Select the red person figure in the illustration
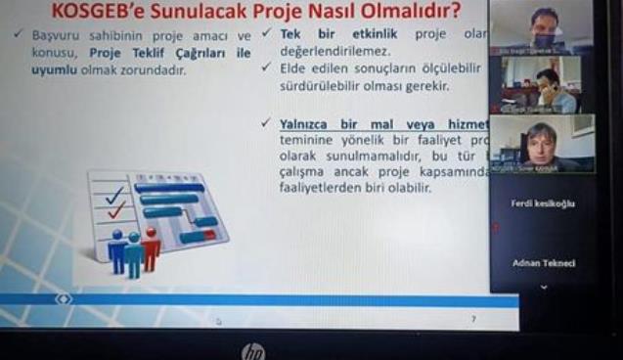151,247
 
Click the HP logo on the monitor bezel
252,350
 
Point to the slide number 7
473,319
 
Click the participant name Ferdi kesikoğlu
543,203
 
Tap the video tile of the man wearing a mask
541,27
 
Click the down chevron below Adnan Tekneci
543,287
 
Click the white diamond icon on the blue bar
64,298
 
